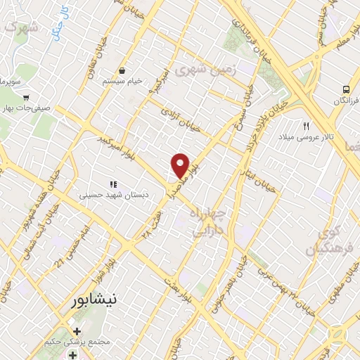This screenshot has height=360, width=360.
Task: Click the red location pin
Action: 181,165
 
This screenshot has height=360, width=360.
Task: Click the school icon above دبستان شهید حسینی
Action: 112,184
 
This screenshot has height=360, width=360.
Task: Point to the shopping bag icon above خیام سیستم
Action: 122,71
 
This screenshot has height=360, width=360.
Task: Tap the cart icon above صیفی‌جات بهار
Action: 26,98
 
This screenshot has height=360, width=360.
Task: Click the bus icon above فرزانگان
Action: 345,90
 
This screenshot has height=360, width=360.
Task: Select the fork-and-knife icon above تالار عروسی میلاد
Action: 306,126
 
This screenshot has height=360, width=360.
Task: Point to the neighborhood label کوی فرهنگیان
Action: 323,240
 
